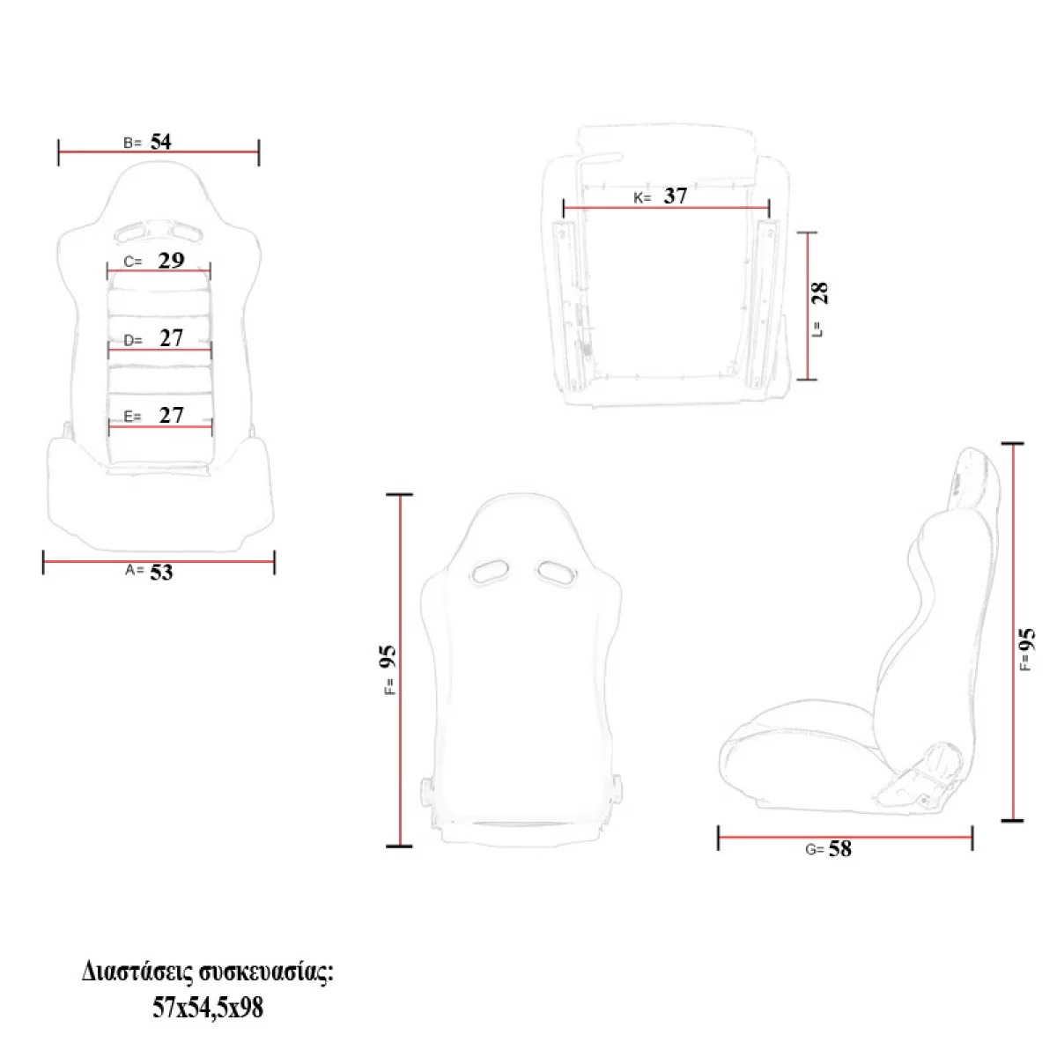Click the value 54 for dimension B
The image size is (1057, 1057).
[x=160, y=142]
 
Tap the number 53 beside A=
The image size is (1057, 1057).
[x=161, y=573]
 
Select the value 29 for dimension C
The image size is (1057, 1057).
[x=171, y=260]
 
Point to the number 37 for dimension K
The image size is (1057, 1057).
[x=676, y=196]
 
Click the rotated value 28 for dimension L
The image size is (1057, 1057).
[x=820, y=293]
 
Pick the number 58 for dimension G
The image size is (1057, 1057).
[x=839, y=848]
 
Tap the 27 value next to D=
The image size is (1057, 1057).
[x=171, y=338]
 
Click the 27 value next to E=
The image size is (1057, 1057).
[x=171, y=415]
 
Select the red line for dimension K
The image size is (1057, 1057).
[x=666, y=208]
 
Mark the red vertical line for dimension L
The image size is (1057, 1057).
[x=808, y=306]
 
